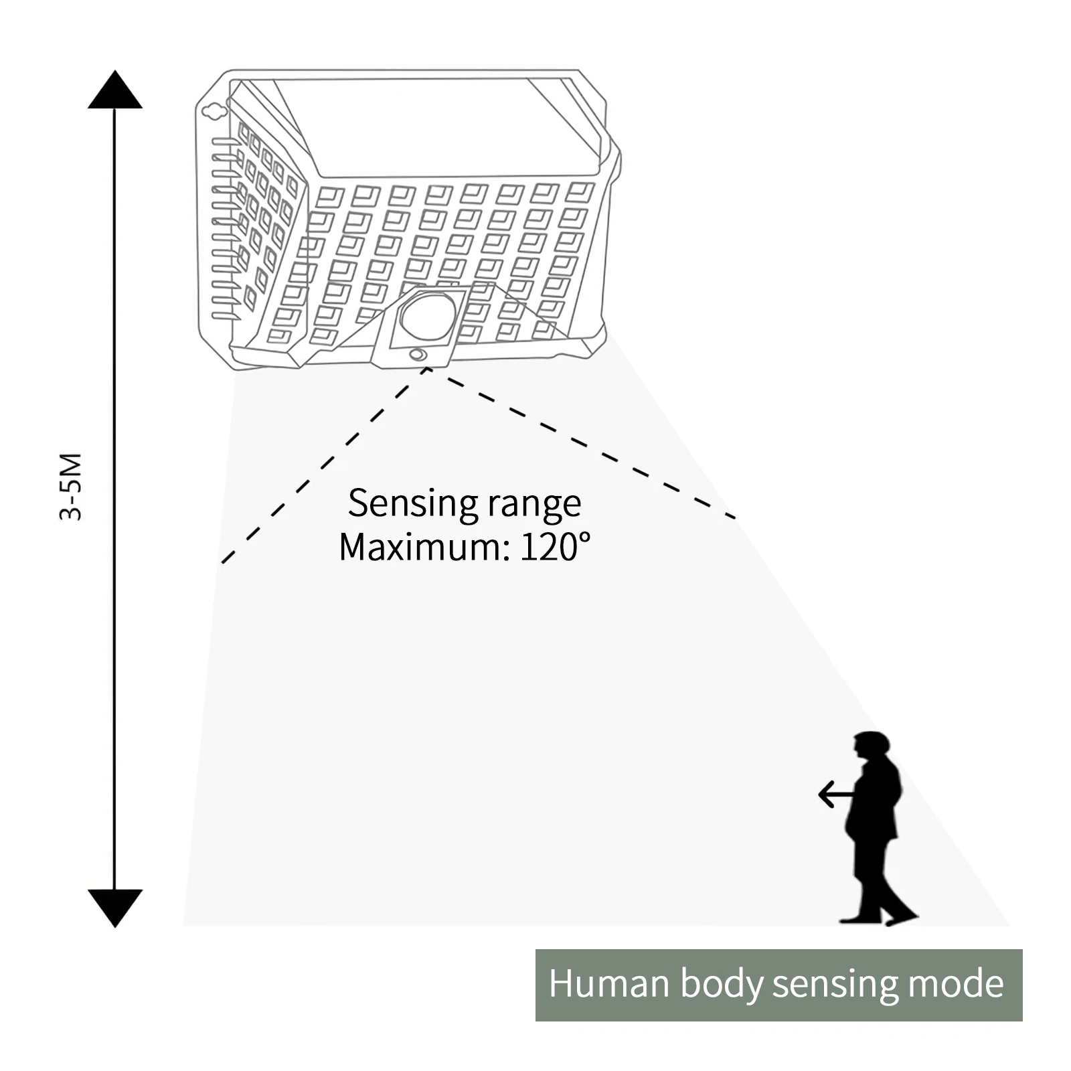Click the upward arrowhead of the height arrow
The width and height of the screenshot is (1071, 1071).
coord(115,90)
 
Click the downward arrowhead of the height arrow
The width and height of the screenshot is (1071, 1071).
coord(115,908)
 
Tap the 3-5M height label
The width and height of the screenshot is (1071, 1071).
coord(71,487)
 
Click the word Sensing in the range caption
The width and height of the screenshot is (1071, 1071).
coord(412,503)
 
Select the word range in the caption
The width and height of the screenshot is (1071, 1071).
coord(534,505)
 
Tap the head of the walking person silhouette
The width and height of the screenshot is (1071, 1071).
coord(872,746)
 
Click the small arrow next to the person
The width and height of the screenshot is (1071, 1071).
coord(836,795)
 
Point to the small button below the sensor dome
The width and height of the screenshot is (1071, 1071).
coord(418,354)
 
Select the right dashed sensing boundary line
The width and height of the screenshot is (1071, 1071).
coord(581,443)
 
